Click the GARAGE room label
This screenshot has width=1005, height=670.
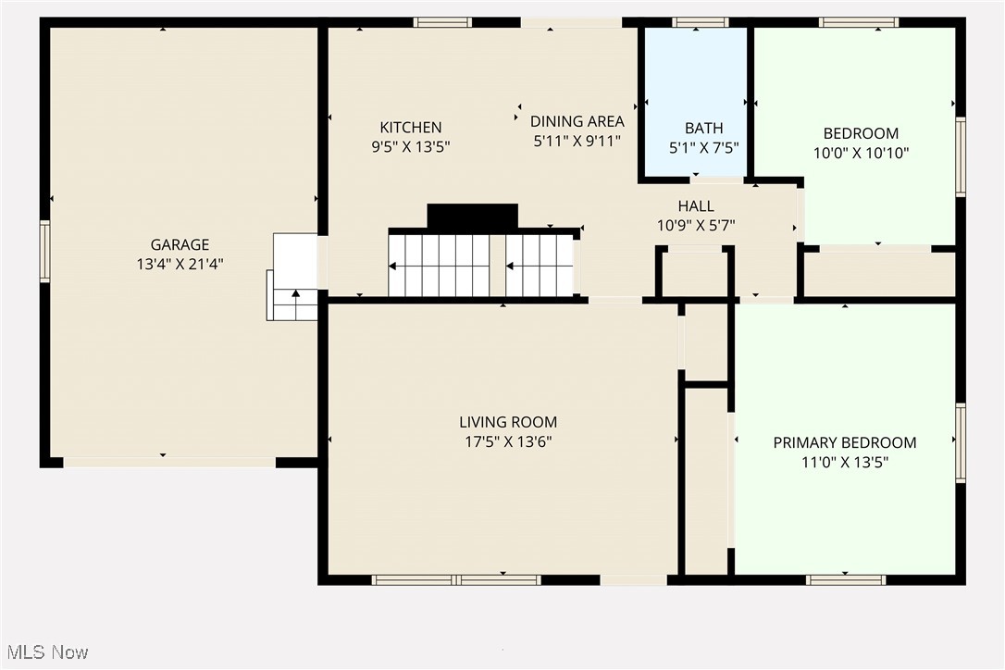click(180, 244)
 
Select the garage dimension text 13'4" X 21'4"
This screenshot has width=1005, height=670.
click(180, 263)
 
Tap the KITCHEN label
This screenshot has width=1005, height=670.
click(410, 127)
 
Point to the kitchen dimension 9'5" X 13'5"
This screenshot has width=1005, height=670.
click(410, 146)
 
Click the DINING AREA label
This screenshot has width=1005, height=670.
click(577, 121)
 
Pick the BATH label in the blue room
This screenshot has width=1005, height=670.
click(703, 128)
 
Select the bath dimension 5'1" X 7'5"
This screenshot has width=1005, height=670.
click(703, 146)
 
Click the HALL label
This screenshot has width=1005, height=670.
click(695, 205)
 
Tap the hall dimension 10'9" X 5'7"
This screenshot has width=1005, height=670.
click(695, 224)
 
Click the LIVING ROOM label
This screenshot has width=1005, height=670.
click(507, 422)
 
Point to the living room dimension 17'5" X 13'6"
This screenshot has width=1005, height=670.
click(507, 441)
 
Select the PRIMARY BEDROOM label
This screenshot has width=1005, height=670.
click(844, 442)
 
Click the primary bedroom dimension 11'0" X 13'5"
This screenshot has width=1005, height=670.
click(844, 461)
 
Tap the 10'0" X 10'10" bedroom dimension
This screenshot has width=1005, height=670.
click(861, 153)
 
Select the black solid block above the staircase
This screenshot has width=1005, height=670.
click(472, 217)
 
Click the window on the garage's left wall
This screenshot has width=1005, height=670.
click(44, 251)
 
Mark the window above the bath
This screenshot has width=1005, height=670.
click(700, 22)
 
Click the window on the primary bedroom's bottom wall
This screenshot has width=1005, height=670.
click(845, 580)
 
